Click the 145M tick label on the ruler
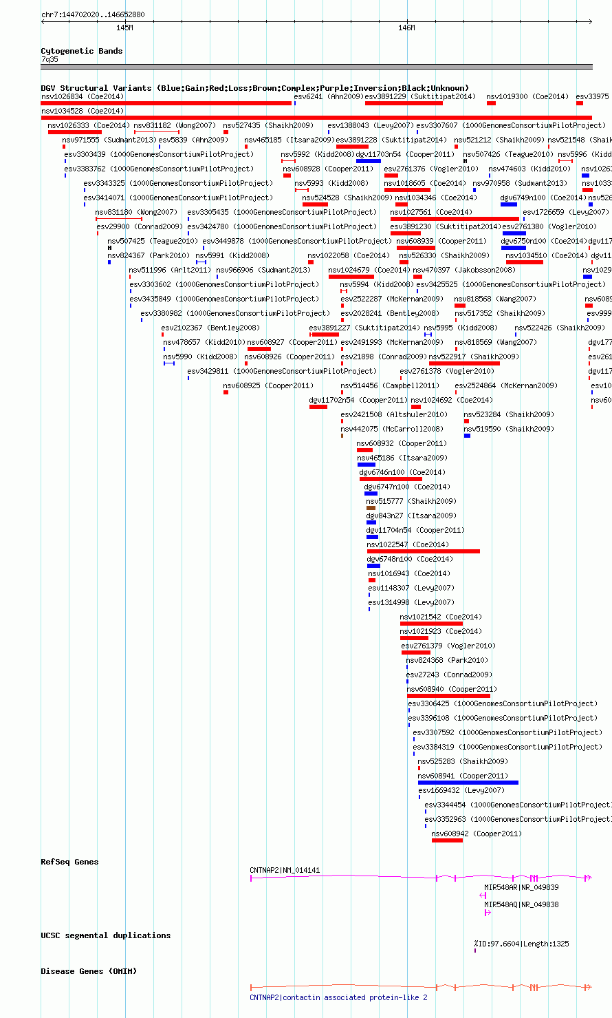(124, 28)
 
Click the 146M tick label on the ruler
(407, 28)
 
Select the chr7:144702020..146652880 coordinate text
(93, 14)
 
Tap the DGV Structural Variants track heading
(254, 88)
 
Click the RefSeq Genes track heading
(69, 862)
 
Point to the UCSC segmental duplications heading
(105, 935)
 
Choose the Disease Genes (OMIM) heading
(89, 971)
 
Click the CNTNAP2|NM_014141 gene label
(285, 870)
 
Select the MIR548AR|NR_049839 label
(521, 887)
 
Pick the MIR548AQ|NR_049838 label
(521, 904)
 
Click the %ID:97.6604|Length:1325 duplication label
(521, 944)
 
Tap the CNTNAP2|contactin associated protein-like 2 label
(338, 997)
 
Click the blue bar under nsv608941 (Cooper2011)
(468, 783)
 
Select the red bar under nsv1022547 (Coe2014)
(424, 551)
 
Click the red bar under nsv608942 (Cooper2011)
(447, 840)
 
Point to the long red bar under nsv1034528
(316, 118)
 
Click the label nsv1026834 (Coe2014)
(83, 96)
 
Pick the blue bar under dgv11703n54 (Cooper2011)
(369, 161)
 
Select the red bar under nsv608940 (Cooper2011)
(448, 696)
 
